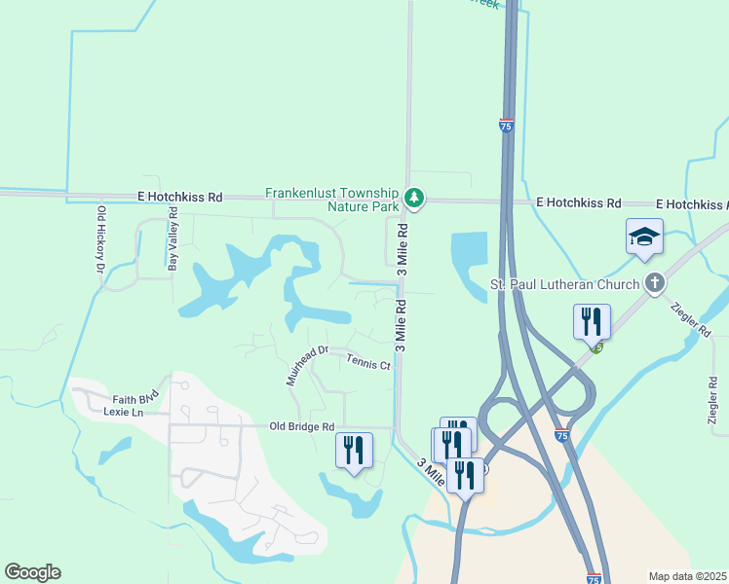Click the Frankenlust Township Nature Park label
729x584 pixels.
pos(332,200)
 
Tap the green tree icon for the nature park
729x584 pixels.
pos(415,200)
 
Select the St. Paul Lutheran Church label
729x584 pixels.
pos(564,285)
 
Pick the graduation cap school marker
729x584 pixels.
pos(644,237)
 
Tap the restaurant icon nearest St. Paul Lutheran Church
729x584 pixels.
pos(592,320)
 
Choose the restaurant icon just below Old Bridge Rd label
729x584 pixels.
pos(354,449)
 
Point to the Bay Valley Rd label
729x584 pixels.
pos(173,238)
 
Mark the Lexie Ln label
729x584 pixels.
pos(123,412)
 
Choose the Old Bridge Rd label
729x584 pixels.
pos(302,426)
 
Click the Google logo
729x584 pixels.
pos(32,572)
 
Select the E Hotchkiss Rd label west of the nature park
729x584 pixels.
pos(179,197)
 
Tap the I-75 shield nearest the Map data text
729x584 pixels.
pos(595,578)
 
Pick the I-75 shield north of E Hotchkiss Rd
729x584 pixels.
pos(505,127)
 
